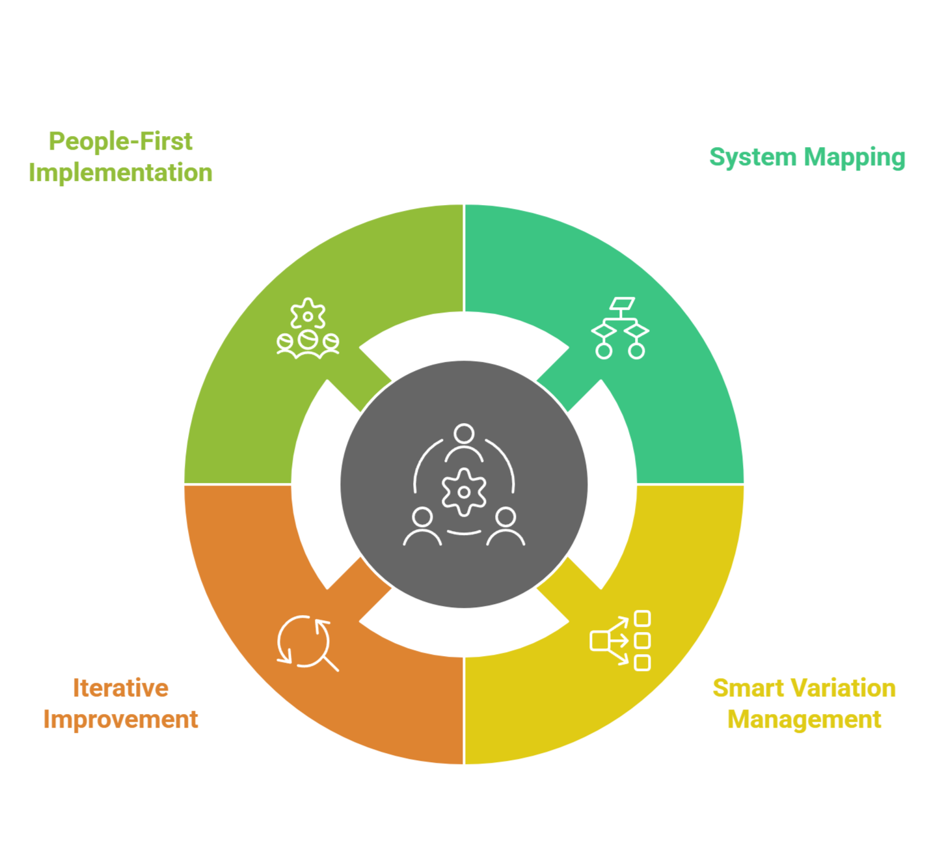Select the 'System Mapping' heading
(807, 158)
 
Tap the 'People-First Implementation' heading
(120, 157)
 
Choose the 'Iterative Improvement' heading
(120, 704)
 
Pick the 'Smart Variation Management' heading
(804, 704)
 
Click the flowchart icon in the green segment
(620, 328)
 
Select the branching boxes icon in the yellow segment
(620, 640)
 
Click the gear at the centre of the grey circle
(464, 492)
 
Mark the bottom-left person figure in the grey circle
(422, 527)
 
